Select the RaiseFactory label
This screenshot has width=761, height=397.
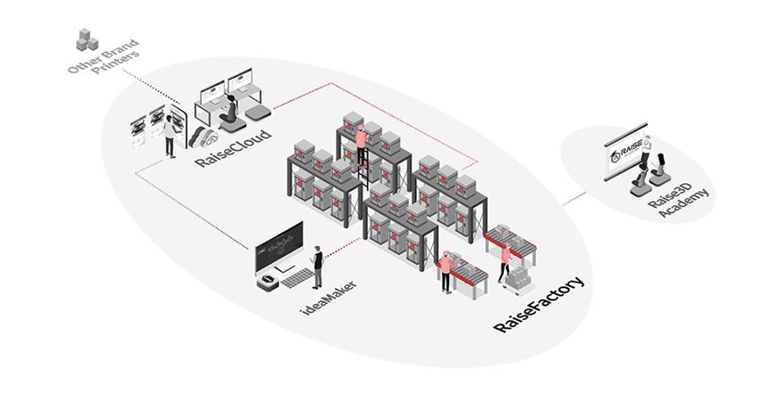(x=541, y=305)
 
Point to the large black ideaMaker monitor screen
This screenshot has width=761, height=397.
(x=279, y=246)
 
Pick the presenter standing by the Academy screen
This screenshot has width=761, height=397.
(x=647, y=157)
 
